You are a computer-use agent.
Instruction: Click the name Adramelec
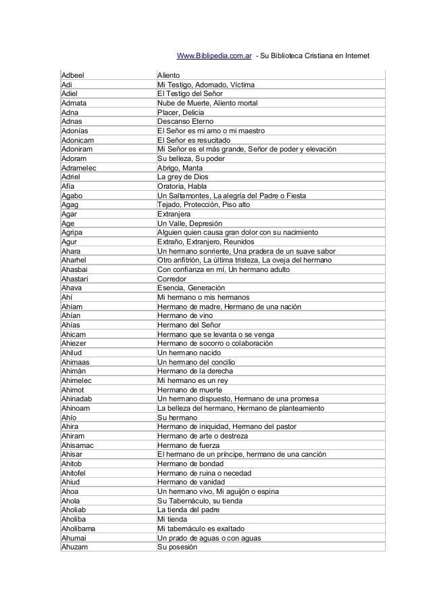(x=79, y=167)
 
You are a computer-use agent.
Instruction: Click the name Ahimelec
(x=78, y=380)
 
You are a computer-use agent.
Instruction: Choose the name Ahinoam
(x=77, y=407)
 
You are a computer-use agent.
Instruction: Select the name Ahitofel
(x=76, y=472)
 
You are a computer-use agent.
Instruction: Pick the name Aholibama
(x=80, y=528)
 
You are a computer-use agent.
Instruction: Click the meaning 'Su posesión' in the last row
(x=176, y=546)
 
